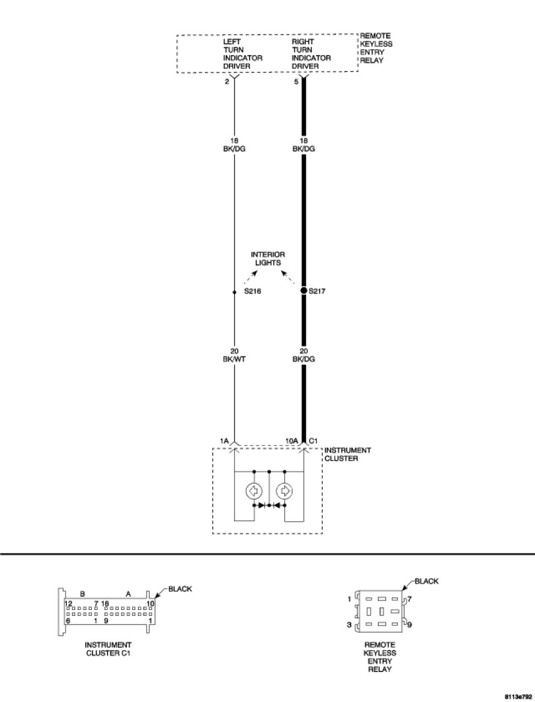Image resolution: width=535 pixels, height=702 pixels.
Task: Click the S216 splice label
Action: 252,291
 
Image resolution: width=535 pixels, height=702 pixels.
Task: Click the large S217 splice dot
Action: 304,291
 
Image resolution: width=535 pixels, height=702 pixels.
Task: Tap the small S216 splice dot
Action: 234,292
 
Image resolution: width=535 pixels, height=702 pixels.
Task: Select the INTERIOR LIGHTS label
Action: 267,258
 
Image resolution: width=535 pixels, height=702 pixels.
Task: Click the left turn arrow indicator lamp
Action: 254,491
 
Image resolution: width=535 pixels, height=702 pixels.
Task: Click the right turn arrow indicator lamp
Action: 284,491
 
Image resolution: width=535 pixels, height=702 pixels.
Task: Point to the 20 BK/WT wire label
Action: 234,355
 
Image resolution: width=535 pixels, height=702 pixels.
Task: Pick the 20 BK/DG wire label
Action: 304,355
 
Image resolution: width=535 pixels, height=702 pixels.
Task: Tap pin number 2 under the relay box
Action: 227,81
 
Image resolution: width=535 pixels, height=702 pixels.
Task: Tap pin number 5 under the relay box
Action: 296,81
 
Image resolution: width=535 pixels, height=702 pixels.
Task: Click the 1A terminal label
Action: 225,441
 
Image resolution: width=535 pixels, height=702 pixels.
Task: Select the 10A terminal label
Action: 291,441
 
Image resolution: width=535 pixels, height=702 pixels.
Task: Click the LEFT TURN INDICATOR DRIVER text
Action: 242,54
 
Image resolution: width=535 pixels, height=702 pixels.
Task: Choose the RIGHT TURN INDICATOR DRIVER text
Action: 311,54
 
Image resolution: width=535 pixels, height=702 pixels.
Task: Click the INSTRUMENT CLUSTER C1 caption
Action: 108,648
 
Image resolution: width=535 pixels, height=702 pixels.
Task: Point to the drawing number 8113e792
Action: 518,697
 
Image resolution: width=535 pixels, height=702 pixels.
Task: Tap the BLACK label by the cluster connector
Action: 180,589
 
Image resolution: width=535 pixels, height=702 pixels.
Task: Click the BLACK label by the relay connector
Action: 426,581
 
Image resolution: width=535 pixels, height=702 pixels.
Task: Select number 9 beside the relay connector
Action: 410,624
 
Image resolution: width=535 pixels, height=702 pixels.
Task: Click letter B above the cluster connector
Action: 82,594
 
